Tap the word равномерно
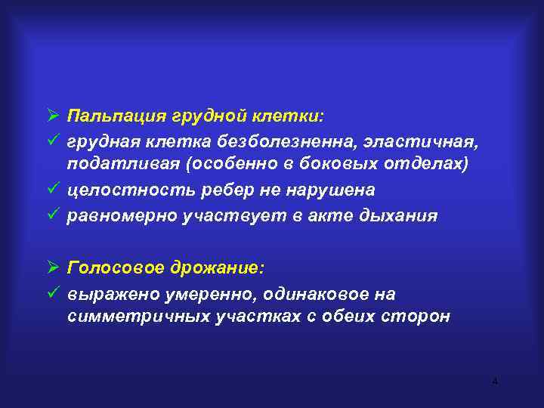121,215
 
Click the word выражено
109,293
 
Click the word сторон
419,317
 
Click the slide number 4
495,382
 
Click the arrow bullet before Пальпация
52,116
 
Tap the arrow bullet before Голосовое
52,268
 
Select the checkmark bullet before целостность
52,190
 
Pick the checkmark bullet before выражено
52,292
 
